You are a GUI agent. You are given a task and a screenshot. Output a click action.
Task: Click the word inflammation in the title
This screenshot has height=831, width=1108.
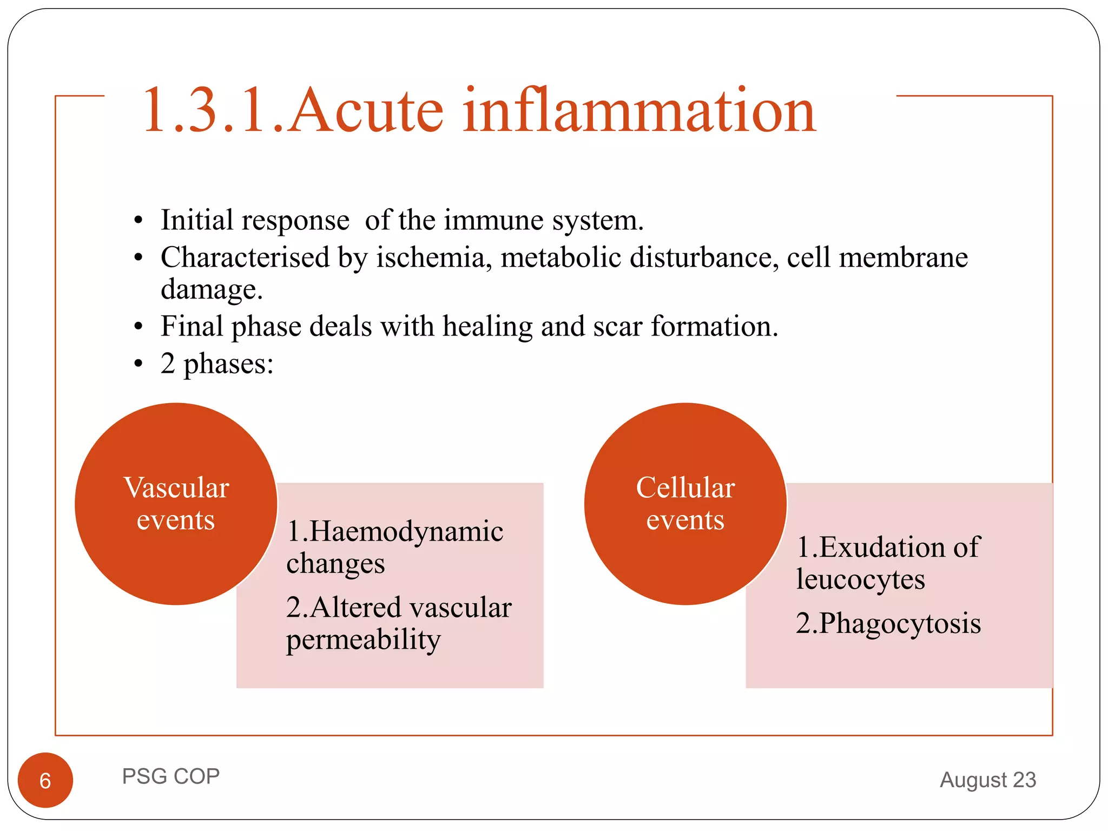coord(638,111)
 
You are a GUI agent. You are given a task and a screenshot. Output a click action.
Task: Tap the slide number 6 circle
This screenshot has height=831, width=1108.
coord(45,780)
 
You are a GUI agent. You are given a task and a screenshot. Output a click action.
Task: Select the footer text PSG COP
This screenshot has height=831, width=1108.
coord(171,776)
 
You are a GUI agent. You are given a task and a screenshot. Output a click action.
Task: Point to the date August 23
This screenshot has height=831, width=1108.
coord(988,780)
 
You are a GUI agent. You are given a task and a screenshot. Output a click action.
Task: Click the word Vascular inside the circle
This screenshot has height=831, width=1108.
coord(176,488)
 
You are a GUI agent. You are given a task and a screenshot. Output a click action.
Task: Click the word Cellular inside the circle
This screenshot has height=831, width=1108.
coord(685,488)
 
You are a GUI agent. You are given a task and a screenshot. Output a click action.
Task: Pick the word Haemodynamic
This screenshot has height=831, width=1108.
coord(406,531)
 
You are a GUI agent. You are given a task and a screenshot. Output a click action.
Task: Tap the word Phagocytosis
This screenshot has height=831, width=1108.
coord(899,623)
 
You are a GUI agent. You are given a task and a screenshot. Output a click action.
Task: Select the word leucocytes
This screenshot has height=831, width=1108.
coord(860,579)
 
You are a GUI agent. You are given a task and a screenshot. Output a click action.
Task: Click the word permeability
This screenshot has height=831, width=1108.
coord(364,641)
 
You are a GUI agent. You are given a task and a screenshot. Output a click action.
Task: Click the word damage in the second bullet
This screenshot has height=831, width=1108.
coord(211,290)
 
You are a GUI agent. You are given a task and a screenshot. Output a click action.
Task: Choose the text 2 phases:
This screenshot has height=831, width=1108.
coord(217,364)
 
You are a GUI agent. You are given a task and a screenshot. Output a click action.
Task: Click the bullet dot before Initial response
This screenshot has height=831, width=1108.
coord(138,221)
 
